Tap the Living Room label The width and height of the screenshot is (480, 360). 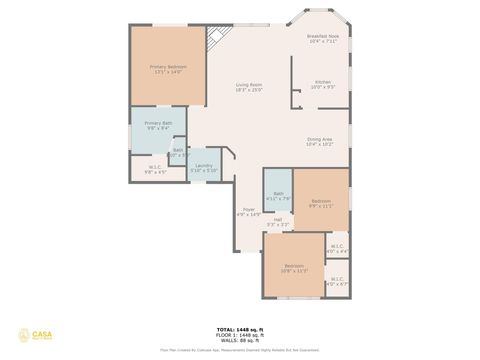pos(249,88)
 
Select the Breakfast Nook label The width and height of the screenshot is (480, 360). pos(322,38)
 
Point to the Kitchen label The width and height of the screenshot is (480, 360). pos(323,85)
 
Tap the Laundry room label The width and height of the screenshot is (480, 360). pos(203,168)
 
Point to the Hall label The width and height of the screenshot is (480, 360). pos(277,222)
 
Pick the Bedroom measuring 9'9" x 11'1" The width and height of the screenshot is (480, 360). pos(321,203)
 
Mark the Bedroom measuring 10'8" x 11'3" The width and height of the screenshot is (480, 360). pos(292,269)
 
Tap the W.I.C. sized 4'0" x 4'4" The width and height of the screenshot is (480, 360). pos(336,248)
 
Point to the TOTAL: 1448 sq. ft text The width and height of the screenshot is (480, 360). pos(240,328)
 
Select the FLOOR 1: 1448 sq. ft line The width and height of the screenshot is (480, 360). pos(240,333)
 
